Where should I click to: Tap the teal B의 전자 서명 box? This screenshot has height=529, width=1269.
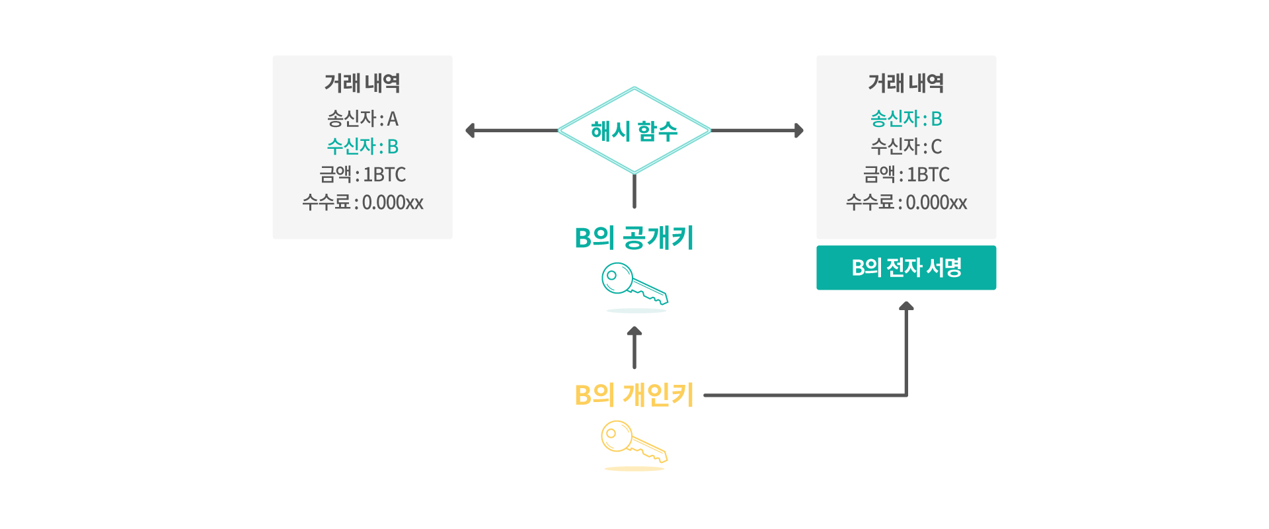[906, 268]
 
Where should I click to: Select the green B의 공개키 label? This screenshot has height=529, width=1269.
[634, 237]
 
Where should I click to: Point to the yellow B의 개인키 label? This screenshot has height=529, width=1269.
[634, 395]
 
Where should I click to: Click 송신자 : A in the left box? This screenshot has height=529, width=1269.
[363, 118]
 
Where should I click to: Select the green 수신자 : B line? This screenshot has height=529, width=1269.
[363, 146]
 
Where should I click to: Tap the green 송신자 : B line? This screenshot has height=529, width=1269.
[906, 118]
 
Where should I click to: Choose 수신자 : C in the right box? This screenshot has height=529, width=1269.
[906, 146]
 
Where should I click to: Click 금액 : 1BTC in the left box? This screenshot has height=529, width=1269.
[363, 174]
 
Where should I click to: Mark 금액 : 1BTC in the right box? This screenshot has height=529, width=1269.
[906, 174]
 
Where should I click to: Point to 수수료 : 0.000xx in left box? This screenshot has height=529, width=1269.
[363, 202]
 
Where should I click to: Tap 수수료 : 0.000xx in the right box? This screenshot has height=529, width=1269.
[906, 202]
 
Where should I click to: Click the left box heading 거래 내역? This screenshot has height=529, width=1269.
[363, 83]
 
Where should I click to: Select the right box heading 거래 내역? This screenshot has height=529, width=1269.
[906, 83]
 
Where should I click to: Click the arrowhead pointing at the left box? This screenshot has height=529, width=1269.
[470, 130]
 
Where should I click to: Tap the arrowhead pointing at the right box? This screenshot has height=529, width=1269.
[799, 130]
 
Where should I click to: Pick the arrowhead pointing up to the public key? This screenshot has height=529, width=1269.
[634, 331]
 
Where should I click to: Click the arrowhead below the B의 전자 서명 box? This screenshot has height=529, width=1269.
[906, 306]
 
